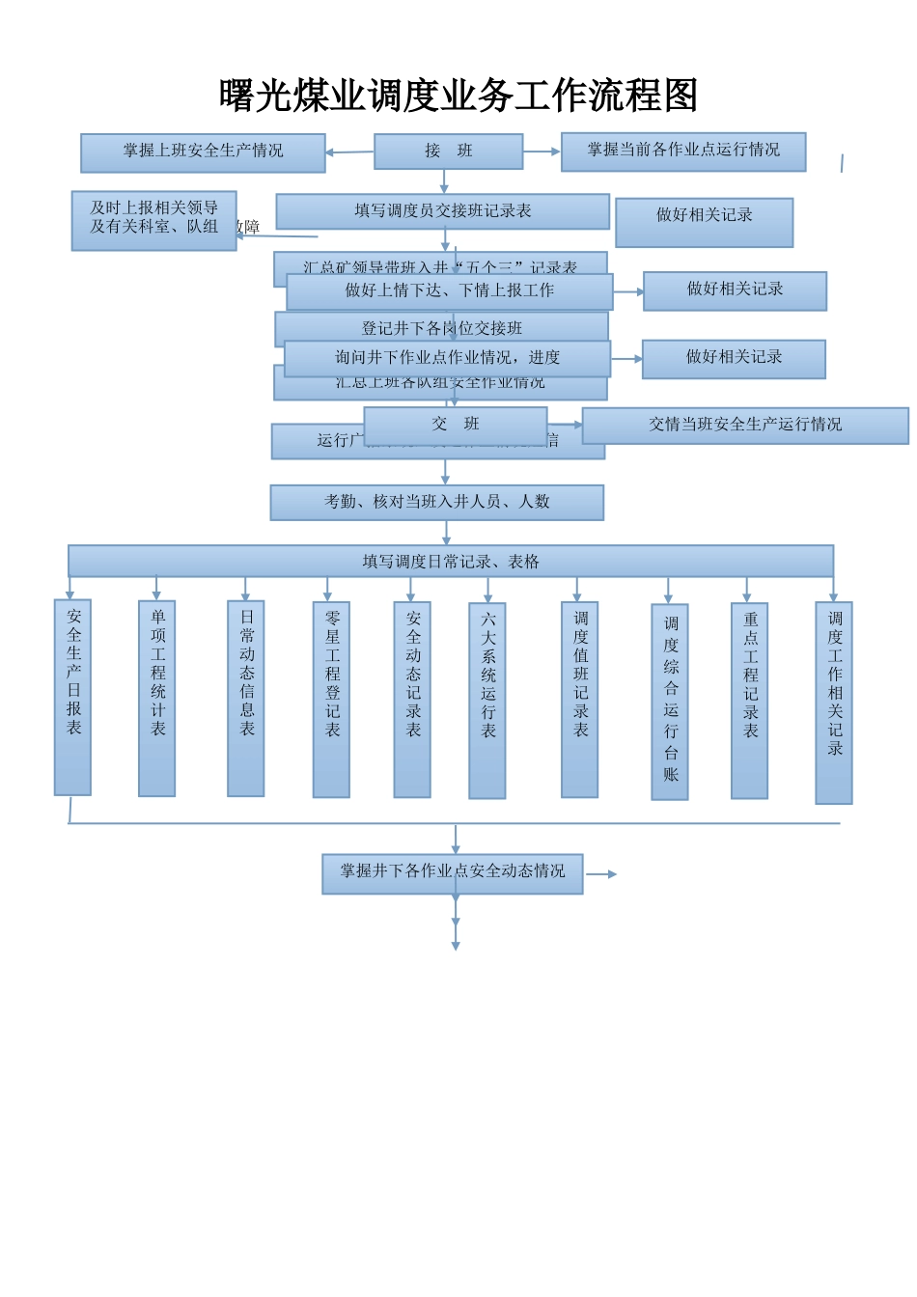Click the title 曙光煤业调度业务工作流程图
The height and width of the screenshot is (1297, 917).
pos(458,96)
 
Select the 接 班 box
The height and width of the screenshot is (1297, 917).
pos(448,152)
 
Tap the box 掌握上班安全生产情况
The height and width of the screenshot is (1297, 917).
pos(203,152)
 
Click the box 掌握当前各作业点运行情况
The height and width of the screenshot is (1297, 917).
pos(682,152)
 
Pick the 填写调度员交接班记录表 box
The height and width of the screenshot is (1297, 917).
pos(442,211)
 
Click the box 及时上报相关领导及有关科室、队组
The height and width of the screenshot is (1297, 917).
pos(153,220)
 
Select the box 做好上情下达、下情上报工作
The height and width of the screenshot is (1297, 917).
pos(449,291)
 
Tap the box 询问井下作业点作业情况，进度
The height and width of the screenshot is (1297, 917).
pos(447,358)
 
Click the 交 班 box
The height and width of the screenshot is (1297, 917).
pos(455,425)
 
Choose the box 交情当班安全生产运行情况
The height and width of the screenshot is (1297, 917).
pos(744,426)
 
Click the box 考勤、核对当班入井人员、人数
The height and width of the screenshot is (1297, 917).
pos(436,502)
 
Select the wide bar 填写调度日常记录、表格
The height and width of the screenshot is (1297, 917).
pos(450,561)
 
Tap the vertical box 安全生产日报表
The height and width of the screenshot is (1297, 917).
pos(72,697)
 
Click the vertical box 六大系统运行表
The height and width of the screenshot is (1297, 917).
pos(486,701)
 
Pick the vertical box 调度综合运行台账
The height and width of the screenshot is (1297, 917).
pos(669,702)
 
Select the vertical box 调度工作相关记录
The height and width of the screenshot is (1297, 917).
pos(833,702)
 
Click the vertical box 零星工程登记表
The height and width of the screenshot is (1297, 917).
pos(331,699)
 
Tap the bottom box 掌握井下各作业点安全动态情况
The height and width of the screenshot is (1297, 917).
pos(452,872)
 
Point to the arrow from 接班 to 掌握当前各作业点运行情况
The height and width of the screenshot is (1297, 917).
pos(542,152)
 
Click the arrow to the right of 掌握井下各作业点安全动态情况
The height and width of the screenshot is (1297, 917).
pos(601,874)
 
